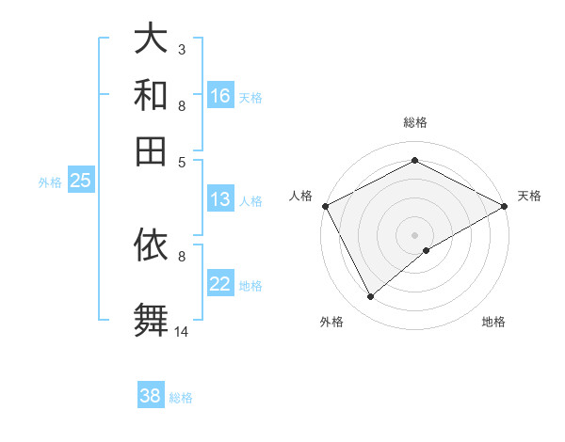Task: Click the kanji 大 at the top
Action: pos(151,39)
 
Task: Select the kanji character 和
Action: pos(151,96)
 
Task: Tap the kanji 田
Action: pos(151,150)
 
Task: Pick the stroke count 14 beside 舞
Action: pos(182,330)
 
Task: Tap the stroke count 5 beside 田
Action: pos(182,161)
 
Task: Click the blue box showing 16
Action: pos(220,96)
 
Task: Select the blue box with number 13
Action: pos(220,199)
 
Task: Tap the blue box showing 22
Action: pos(220,284)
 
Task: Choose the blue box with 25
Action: pos(80,181)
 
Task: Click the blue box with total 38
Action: pos(151,396)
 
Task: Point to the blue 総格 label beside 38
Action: pos(181,397)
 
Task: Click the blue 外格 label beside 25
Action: pos(50,182)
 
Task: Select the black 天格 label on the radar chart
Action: pos(529,196)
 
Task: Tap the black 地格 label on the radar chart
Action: pos(493,322)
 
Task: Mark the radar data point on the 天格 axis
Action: pos(505,206)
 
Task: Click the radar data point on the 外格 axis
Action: pos(370,297)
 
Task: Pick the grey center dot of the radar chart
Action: pos(415,234)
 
